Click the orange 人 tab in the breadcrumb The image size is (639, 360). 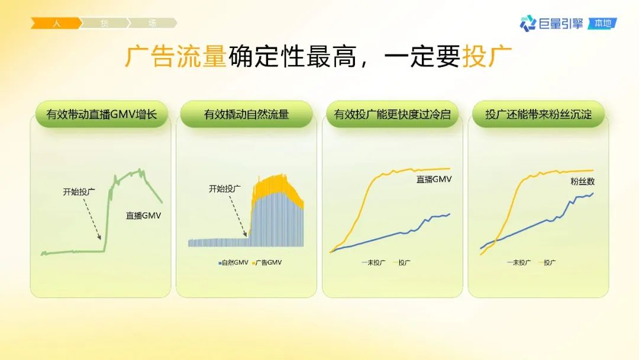[56, 23]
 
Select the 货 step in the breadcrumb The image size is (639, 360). [104, 23]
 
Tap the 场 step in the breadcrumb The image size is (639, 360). [153, 23]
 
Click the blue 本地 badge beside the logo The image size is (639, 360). [603, 24]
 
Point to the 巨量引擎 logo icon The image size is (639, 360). [528, 23]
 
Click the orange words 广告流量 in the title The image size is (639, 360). [175, 56]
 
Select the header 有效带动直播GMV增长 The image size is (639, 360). [102, 114]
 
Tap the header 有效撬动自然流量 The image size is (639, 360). [246, 114]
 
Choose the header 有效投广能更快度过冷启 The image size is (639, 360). [392, 114]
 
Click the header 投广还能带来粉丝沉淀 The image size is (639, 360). [538, 114]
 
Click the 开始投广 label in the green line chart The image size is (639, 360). [79, 192]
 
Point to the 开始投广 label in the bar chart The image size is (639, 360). [225, 189]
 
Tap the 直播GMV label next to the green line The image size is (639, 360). [143, 216]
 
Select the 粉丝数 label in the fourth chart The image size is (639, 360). [582, 181]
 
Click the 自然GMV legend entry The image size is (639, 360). [234, 262]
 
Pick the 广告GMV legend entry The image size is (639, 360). [267, 262]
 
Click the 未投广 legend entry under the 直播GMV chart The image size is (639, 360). [373, 262]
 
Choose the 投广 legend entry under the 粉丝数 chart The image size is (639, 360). [547, 262]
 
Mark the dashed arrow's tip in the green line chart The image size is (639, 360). [100, 239]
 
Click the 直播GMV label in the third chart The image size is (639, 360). [434, 179]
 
